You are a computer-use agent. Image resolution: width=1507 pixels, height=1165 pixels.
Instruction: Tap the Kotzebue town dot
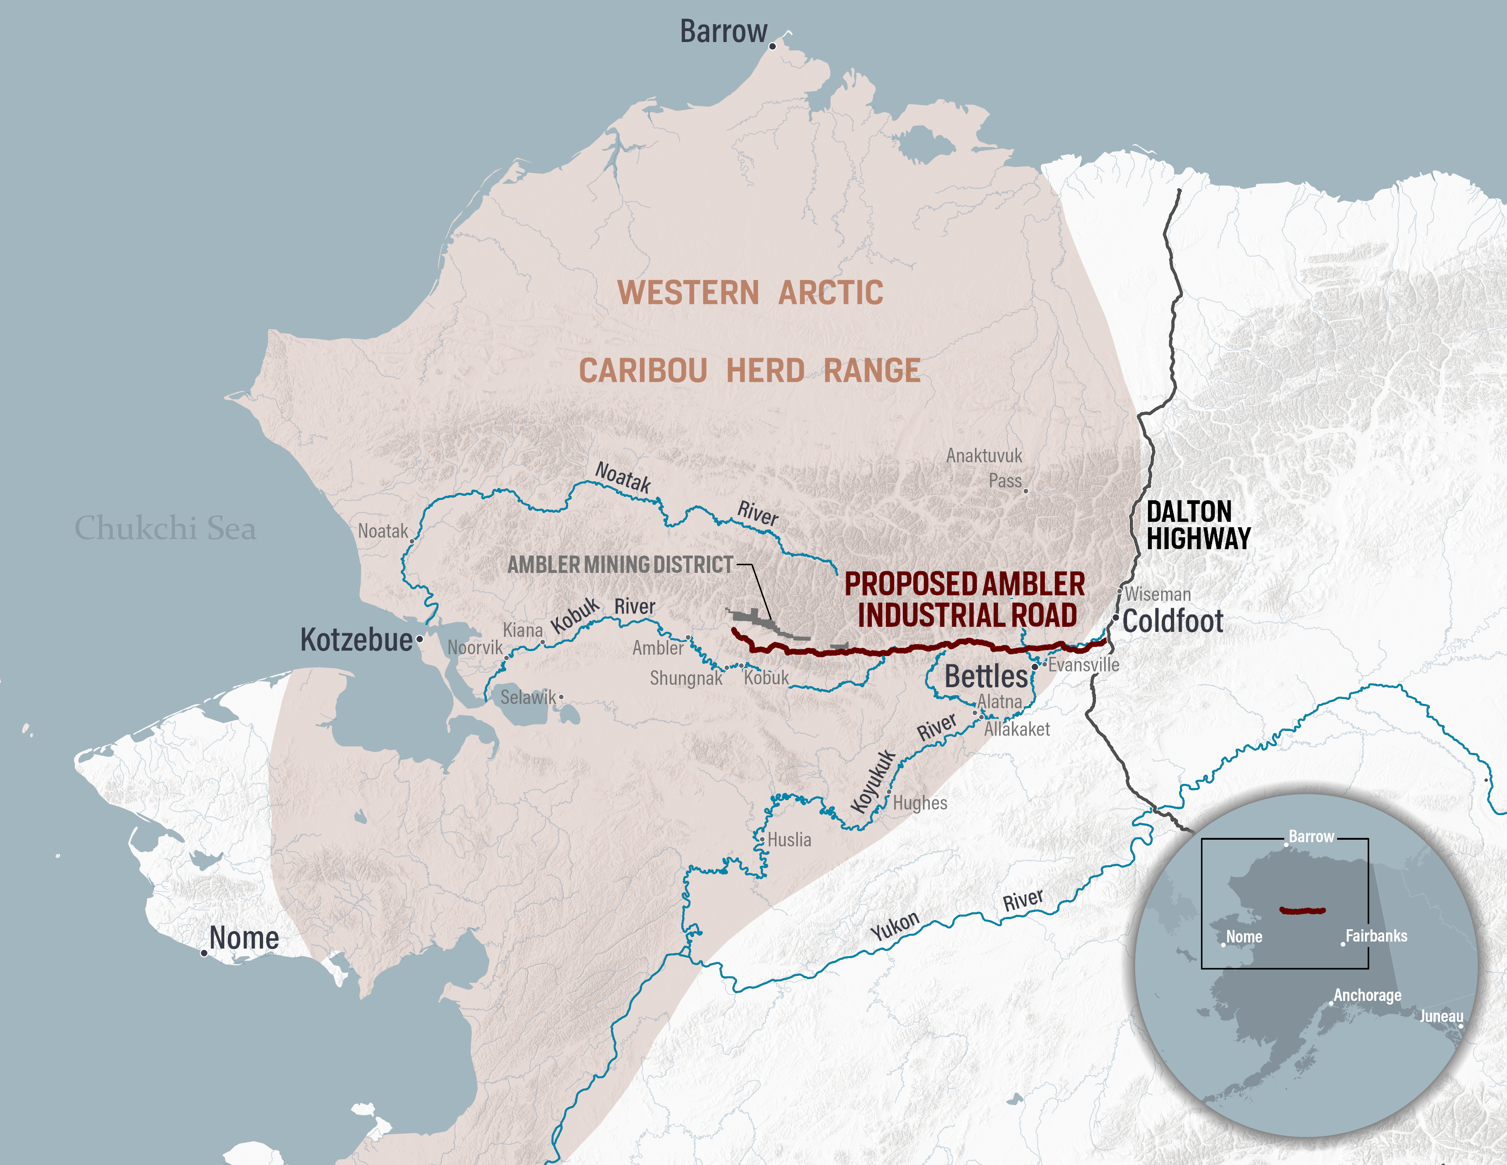pyautogui.click(x=420, y=640)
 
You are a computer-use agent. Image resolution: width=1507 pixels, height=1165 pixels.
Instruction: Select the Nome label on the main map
pyautogui.click(x=244, y=938)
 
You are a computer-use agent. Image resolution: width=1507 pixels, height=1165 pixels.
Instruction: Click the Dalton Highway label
pyautogui.click(x=1198, y=525)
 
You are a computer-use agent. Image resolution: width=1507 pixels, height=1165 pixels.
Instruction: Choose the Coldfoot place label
pyautogui.click(x=1172, y=621)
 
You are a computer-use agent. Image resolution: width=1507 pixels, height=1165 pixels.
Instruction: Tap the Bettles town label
pyautogui.click(x=985, y=676)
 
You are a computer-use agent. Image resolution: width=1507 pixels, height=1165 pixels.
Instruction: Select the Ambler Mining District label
pyautogui.click(x=620, y=565)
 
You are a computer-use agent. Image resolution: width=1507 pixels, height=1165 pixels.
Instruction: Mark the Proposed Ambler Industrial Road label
pyautogui.click(x=964, y=599)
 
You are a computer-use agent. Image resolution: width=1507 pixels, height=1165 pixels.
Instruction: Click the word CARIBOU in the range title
pyautogui.click(x=643, y=371)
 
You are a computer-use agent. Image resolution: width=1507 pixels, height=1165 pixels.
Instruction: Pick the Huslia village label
pyautogui.click(x=790, y=840)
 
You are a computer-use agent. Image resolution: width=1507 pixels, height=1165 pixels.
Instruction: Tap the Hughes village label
pyautogui.click(x=920, y=803)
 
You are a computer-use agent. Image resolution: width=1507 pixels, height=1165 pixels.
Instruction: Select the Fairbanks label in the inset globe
pyautogui.click(x=1376, y=936)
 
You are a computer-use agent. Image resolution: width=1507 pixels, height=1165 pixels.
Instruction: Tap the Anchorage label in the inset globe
pyautogui.click(x=1367, y=995)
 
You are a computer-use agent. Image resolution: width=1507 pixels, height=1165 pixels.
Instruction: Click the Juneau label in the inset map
pyautogui.click(x=1441, y=1016)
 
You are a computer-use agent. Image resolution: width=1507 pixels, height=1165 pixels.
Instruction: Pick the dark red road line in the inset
pyautogui.click(x=1302, y=911)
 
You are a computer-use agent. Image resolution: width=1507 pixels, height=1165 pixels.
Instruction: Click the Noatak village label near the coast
pyautogui.click(x=382, y=531)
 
